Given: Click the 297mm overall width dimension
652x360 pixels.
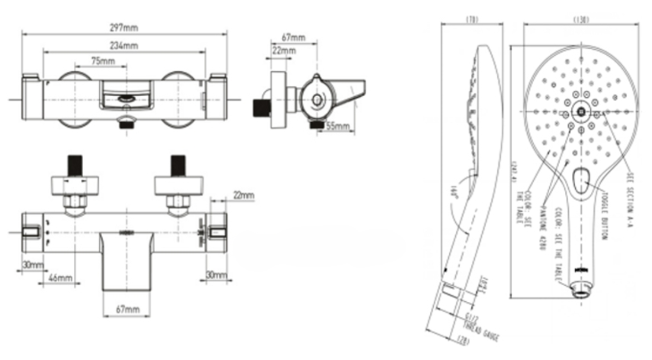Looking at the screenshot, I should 124,28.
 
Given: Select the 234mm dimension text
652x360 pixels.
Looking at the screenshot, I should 124,46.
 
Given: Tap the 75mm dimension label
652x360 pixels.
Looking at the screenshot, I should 103,61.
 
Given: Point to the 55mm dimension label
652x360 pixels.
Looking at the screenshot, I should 338,126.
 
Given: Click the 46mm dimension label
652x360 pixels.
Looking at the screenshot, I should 61,278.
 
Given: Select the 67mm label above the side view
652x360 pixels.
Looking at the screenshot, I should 293,38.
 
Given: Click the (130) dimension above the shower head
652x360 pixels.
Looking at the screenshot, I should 581,20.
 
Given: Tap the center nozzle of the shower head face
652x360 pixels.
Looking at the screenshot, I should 581,111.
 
